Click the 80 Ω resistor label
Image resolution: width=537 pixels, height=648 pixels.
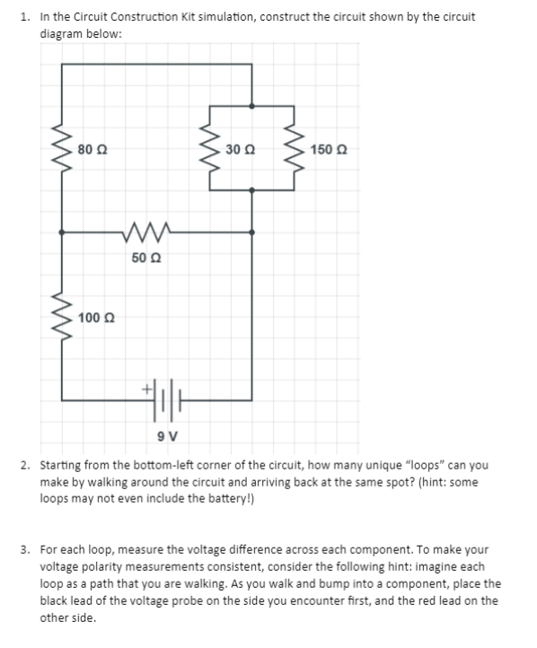94,148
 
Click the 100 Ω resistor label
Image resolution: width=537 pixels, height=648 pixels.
96,318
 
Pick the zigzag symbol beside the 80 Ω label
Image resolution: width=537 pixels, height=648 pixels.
61,148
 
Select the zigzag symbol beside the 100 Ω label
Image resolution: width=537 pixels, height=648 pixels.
61,318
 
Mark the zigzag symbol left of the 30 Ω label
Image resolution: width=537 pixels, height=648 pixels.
211,148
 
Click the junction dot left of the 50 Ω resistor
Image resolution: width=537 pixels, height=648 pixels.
61,232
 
